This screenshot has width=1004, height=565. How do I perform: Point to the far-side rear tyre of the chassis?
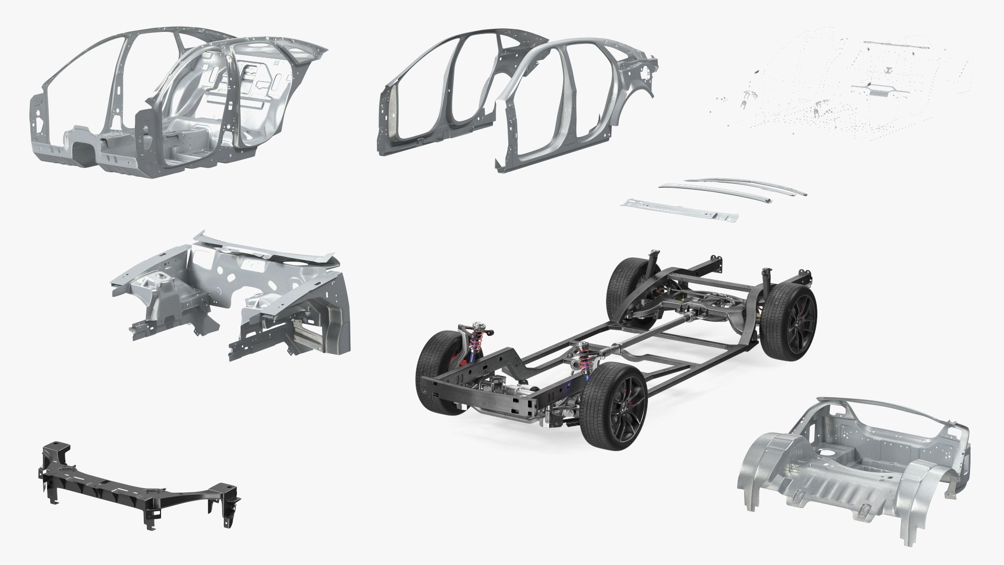pyautogui.click(x=625, y=290)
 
